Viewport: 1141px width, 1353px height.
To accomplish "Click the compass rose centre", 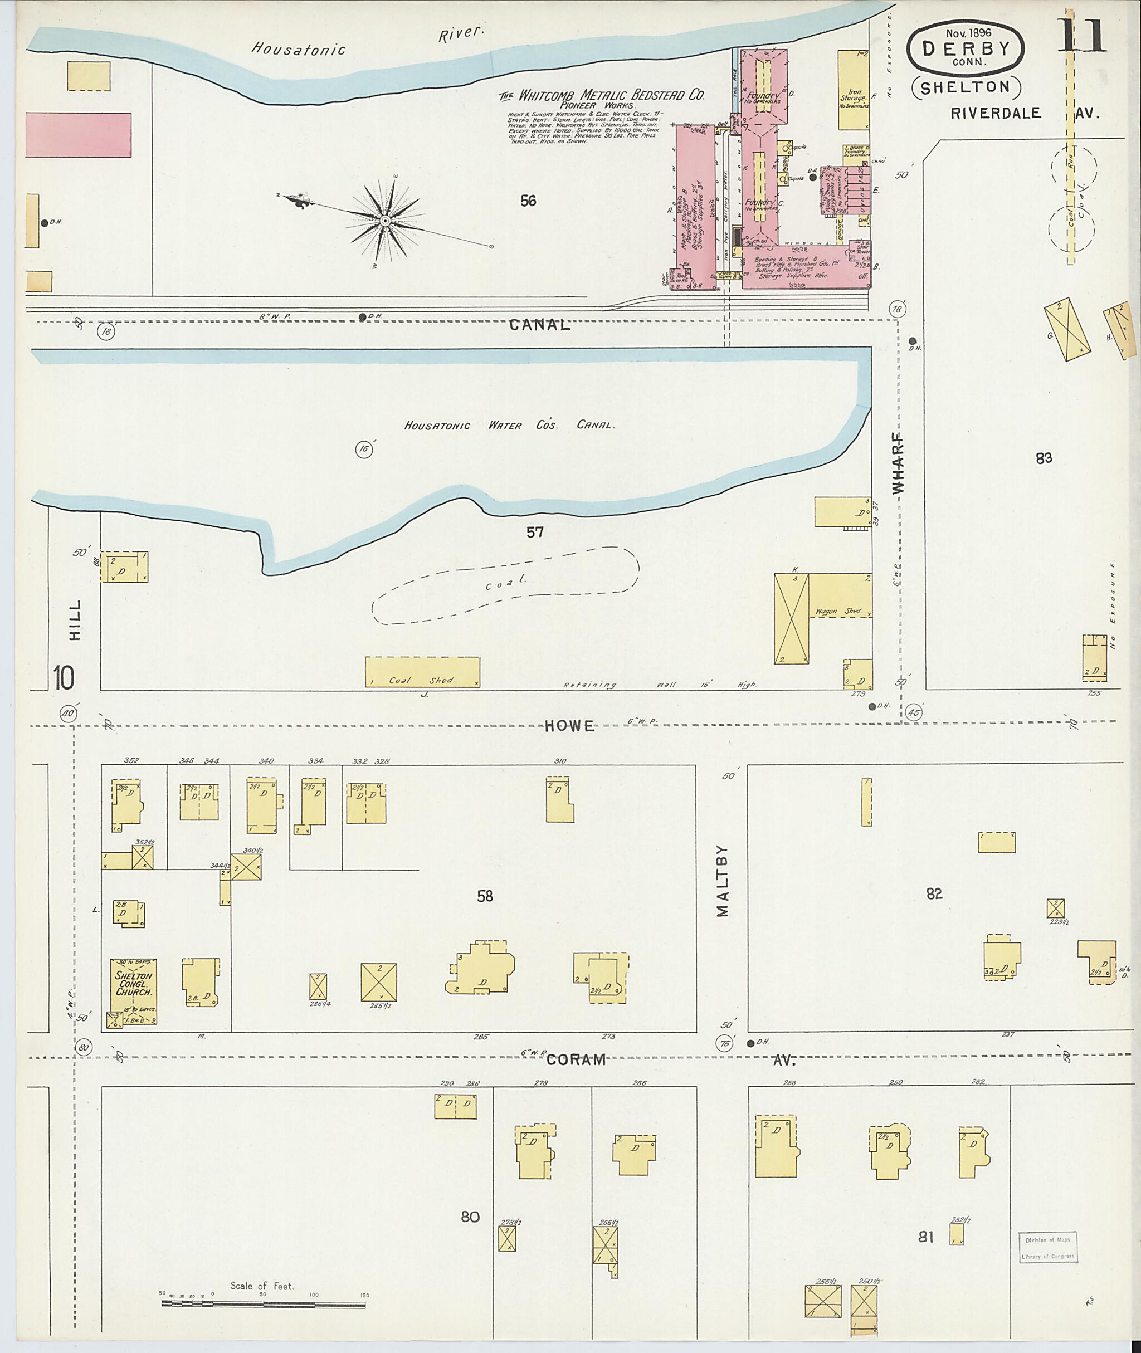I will point(385,221).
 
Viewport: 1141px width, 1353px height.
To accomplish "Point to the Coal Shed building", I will point(422,672).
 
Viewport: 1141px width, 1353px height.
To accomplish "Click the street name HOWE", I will point(570,726).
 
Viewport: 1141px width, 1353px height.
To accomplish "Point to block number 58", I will point(485,896).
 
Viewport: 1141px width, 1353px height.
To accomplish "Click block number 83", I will point(1044,458).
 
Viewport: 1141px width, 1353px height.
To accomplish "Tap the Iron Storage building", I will point(854,89).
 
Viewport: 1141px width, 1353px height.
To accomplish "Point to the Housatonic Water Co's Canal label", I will point(509,426).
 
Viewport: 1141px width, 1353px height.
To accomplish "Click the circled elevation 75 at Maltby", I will point(724,1043).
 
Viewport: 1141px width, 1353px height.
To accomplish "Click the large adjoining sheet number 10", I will point(64,678).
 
